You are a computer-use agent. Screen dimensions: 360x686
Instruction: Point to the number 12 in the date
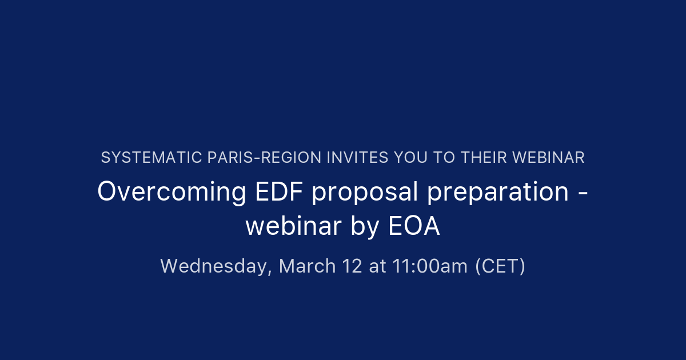pyautogui.click(x=352, y=266)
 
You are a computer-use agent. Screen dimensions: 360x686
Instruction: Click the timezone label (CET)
pyautogui.click(x=500, y=266)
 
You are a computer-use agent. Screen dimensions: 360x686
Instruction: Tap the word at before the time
pyautogui.click(x=377, y=266)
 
